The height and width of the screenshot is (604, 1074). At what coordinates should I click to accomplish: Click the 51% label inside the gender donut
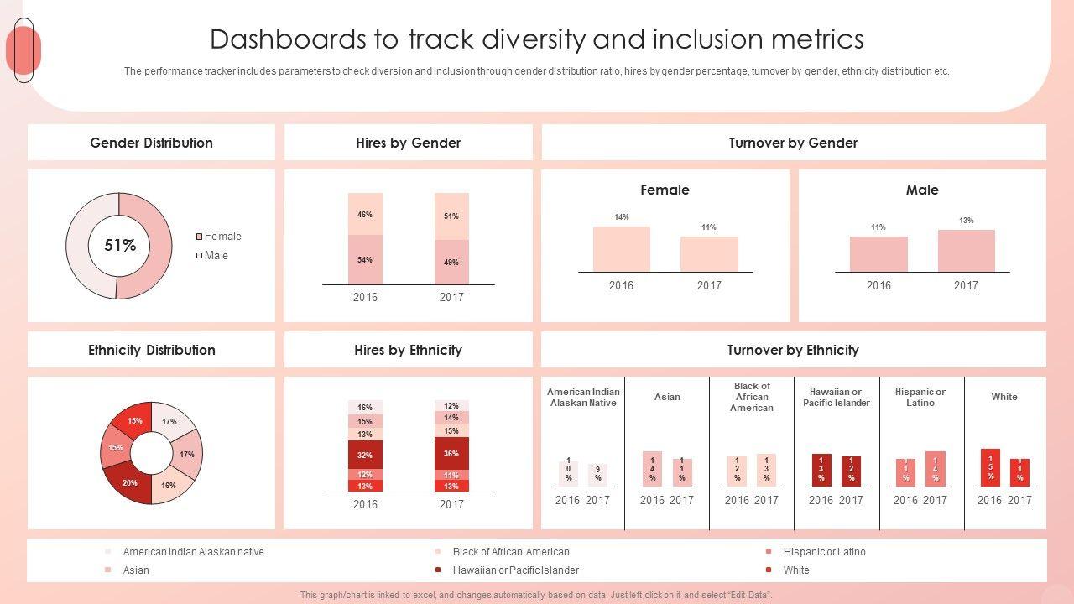(x=120, y=246)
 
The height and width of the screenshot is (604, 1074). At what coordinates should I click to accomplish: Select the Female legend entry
(x=222, y=237)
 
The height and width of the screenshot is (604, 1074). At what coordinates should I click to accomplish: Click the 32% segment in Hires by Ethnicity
(x=365, y=455)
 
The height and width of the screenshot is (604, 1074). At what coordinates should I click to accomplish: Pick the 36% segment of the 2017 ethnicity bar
(x=451, y=453)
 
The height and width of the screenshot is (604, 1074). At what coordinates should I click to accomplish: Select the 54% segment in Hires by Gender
(x=365, y=259)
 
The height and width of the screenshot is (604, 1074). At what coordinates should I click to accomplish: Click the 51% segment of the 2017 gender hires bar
(x=451, y=216)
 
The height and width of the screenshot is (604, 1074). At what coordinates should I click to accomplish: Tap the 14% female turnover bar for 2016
(x=621, y=249)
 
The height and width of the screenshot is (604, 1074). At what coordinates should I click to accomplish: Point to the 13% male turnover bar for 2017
(x=966, y=251)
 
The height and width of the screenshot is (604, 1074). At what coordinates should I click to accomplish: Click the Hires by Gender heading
(x=408, y=143)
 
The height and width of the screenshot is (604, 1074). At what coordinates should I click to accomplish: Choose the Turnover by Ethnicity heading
(x=793, y=350)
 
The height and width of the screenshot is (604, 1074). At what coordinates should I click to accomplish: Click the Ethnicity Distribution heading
(x=152, y=350)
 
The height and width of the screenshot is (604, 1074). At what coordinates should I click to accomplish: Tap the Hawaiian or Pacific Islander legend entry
(x=515, y=570)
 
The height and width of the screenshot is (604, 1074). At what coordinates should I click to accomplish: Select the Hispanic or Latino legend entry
(x=824, y=552)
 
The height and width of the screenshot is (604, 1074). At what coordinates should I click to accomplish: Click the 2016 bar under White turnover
(x=990, y=468)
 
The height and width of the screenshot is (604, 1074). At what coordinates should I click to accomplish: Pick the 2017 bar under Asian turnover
(x=682, y=472)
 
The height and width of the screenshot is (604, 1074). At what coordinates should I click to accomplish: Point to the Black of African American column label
(x=752, y=397)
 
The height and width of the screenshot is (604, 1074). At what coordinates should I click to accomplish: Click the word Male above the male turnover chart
(x=921, y=190)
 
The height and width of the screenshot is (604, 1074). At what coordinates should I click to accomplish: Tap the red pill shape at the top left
(x=23, y=50)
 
